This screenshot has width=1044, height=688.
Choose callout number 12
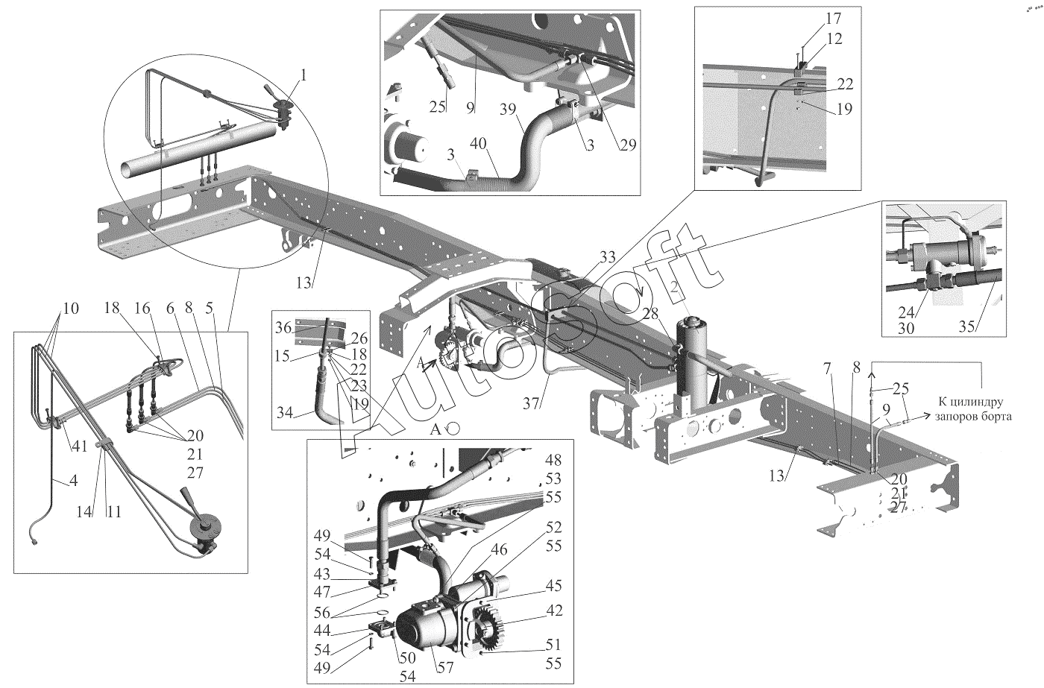pyautogui.click(x=834, y=38)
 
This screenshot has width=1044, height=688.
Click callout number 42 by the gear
pyautogui.click(x=553, y=609)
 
